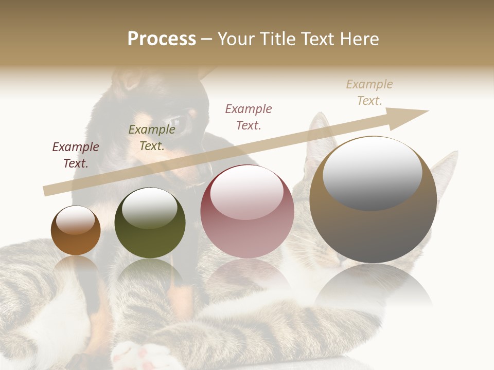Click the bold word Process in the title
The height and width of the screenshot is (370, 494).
pos(162,39)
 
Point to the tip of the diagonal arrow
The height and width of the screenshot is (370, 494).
pos(427,111)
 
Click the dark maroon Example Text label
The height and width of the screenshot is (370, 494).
pos(76,155)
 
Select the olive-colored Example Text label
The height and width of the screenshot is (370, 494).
pos(152,138)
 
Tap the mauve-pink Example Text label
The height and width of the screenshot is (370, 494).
pos(249,117)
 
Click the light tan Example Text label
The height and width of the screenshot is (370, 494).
pos(369,92)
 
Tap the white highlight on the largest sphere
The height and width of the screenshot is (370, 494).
pos(372,172)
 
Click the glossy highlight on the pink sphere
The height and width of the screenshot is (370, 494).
pos(247,193)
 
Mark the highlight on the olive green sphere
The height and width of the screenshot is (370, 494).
pos(150,208)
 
